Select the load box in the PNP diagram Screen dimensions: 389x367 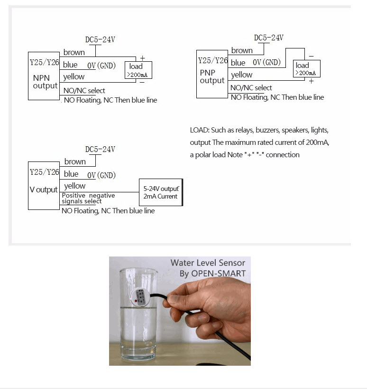pyautogui.click(x=306, y=69)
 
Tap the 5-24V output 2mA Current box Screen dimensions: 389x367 pyautogui.click(x=160, y=192)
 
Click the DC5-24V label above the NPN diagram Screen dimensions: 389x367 pyautogui.click(x=100, y=40)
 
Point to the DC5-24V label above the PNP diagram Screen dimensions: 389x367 pyautogui.click(x=268, y=38)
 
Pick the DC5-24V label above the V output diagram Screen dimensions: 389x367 pyautogui.click(x=100, y=149)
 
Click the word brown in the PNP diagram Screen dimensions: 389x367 pyautogui.click(x=242, y=50)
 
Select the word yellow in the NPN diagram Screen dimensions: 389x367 pyautogui.click(x=74, y=76)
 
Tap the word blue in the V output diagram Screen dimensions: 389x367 pyautogui.click(x=71, y=174)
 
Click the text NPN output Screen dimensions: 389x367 pyautogui.click(x=45, y=82)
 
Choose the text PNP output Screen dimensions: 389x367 pyautogui.click(x=212, y=76)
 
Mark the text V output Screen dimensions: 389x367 pyautogui.click(x=44, y=190)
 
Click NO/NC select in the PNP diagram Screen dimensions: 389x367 pyautogui.click(x=251, y=88)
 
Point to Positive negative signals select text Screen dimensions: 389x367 pyautogui.click(x=88, y=198)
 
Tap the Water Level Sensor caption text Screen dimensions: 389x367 pyautogui.click(x=208, y=263)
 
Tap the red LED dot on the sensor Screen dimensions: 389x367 pyautogui.click(x=137, y=301)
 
